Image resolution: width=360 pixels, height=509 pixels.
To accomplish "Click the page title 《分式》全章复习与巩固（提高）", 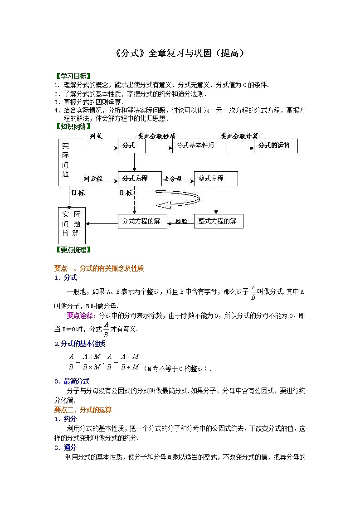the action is coord(180,53).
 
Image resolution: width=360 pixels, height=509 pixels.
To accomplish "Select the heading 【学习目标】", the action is coord(73,76).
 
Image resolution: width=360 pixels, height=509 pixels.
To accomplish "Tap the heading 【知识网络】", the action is coord(73,126).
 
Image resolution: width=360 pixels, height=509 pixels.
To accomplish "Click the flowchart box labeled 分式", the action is coord(132,145).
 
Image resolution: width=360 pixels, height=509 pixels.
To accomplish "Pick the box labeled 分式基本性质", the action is coord(199,145).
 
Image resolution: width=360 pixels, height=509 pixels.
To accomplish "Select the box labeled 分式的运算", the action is coord(275,145).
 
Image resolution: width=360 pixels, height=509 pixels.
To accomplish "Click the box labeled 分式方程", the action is coord(140,179).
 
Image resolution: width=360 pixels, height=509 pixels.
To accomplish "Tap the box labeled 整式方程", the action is coord(215,179).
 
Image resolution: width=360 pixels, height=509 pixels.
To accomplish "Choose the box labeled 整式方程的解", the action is coord(219,221).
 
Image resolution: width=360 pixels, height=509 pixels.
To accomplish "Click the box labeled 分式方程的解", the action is coord(142,221).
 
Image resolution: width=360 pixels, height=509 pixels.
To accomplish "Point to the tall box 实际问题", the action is coord(69,162).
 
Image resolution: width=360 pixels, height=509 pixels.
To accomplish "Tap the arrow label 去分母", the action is coord(173,179).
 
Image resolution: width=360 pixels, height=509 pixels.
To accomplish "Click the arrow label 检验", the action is coord(181,221).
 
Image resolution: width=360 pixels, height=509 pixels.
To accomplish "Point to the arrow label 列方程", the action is coord(93,179).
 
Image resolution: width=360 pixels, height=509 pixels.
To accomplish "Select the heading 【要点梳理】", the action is coord(73,250).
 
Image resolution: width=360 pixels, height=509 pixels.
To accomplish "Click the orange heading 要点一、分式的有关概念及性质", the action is coord(99,268).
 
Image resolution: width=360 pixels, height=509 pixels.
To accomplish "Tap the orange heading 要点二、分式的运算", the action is coord(83,410).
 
